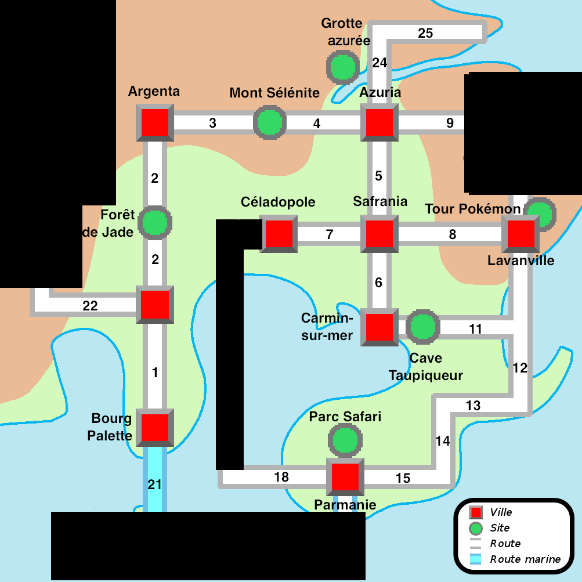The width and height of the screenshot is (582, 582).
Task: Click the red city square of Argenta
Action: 154,123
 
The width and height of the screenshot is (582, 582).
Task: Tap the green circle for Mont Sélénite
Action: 269,123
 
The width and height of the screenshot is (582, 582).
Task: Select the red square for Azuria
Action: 379,123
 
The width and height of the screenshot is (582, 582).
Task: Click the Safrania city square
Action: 379,234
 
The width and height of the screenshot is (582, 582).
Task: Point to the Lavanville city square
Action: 520,234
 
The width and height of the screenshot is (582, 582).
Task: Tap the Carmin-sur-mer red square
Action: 379,327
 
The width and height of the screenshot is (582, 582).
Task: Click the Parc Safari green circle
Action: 345,440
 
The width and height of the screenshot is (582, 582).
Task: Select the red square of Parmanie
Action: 345,477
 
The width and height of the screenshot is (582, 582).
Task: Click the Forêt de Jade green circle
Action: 155,222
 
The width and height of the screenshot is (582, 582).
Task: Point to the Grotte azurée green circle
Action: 341,67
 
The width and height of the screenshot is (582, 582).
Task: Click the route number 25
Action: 425,33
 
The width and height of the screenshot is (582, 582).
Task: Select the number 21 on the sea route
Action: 154,485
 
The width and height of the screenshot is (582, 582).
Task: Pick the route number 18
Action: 281,477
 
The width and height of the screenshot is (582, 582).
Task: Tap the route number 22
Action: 90,306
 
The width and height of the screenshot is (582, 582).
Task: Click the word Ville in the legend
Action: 501,512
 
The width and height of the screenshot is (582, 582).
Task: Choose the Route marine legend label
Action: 525,559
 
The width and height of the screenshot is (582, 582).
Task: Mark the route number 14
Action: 442,441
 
